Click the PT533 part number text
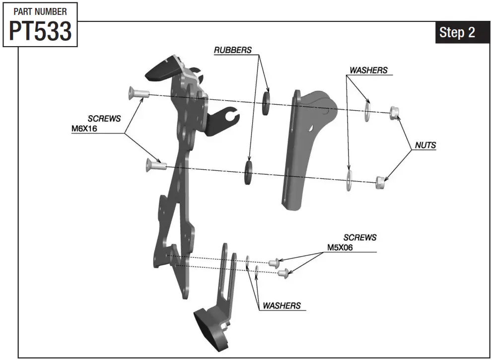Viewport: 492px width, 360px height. coord(40,31)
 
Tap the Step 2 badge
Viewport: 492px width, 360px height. coord(457,32)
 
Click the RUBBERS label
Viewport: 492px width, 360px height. coord(232,50)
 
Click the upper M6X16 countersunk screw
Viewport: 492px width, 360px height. coord(138,93)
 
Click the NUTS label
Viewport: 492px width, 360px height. coord(425,145)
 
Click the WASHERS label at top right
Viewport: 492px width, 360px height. coord(368,70)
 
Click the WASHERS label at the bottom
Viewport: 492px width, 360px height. coord(281,305)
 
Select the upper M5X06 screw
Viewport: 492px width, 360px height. coord(273,262)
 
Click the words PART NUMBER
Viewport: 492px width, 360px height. coord(40,11)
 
